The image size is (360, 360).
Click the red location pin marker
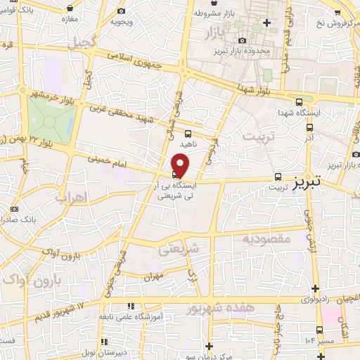(181, 165)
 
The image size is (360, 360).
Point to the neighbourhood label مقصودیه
(266, 239)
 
